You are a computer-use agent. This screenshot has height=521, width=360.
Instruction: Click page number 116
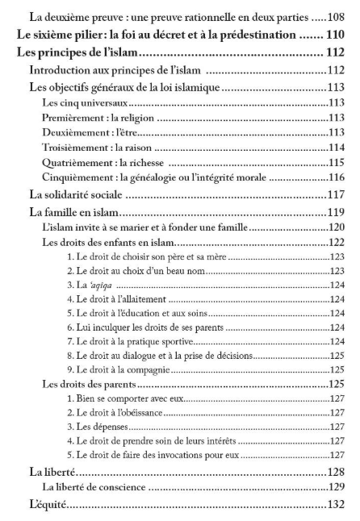point(337,177)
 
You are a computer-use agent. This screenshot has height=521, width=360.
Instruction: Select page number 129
point(337,487)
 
